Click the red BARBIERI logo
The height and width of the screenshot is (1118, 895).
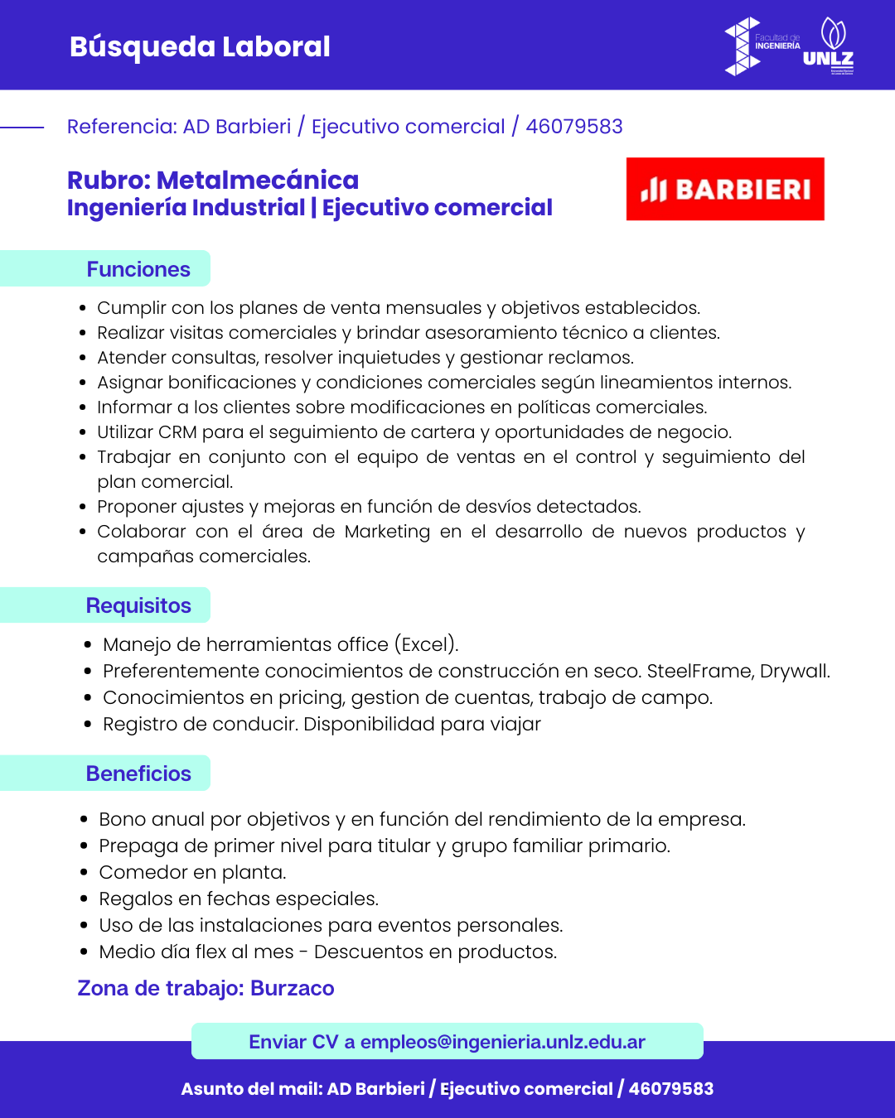tap(725, 189)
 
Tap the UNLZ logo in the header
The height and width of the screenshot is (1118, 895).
tap(829, 46)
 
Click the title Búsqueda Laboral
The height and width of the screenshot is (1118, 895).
tap(200, 46)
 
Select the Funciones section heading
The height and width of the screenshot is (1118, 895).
tap(138, 269)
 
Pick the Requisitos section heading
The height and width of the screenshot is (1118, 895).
tap(138, 605)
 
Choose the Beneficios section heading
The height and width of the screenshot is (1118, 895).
tap(138, 773)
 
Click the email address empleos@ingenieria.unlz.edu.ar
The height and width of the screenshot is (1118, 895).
tap(502, 1042)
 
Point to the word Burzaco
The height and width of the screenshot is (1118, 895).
tap(292, 988)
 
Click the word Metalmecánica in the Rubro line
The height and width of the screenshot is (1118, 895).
tap(258, 180)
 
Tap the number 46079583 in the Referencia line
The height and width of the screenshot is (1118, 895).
tap(574, 127)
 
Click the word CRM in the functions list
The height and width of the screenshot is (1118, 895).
tap(177, 432)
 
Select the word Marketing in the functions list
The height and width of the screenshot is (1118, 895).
tap(387, 532)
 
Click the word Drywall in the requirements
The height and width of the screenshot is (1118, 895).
tap(794, 671)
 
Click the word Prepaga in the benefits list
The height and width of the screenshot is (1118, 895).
tap(138, 846)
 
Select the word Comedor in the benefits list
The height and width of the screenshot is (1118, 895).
tap(143, 872)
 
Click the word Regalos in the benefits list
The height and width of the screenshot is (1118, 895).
tap(135, 899)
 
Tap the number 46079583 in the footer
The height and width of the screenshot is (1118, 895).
tap(671, 1089)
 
